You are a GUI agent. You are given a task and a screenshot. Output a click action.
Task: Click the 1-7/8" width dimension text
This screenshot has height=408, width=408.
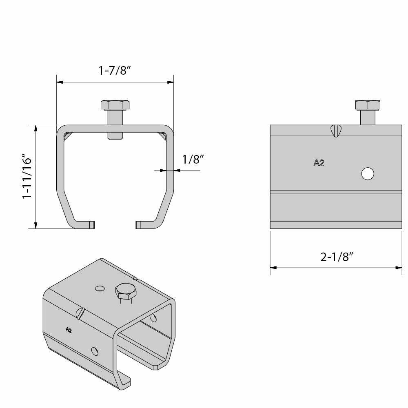(115, 70)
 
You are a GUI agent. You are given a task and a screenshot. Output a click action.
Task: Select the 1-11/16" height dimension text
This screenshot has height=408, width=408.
(27, 176)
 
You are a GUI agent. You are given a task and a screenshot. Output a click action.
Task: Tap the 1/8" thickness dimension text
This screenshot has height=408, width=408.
(193, 159)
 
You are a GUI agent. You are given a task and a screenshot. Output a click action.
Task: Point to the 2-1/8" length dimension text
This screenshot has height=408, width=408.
(336, 257)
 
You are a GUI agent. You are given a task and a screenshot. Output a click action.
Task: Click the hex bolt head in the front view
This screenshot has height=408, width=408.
(115, 105)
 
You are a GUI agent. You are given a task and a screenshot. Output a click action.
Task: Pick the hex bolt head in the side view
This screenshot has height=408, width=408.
(368, 105)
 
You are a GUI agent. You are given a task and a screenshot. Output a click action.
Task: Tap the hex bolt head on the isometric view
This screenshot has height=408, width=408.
(126, 291)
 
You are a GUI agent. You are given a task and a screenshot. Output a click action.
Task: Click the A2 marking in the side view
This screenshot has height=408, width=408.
(319, 163)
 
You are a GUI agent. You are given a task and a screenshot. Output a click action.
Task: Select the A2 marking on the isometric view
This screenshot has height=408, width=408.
(69, 330)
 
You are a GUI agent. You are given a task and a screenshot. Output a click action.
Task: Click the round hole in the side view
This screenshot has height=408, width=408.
(367, 174)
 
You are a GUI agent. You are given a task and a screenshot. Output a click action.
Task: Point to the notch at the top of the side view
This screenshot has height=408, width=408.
(335, 131)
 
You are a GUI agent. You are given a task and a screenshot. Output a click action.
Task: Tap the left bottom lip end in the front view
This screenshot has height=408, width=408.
(92, 225)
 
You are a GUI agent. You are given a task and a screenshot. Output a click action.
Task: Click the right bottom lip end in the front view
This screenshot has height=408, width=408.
(138, 225)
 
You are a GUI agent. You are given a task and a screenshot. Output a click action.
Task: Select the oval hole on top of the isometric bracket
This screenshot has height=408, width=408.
(99, 289)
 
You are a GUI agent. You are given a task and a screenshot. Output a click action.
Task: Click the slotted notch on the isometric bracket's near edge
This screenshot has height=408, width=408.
(81, 313)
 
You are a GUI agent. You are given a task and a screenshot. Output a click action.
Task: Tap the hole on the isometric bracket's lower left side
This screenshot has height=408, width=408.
(95, 351)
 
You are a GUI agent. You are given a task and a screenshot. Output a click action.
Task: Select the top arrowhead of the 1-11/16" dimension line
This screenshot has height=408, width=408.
(36, 128)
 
